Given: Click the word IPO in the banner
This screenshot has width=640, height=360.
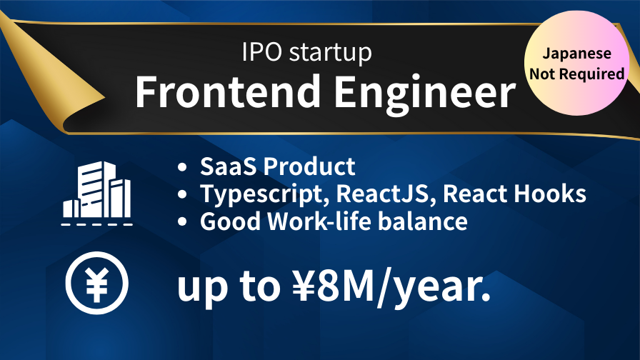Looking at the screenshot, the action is [x=261, y=52].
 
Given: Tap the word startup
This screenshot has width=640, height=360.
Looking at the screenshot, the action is [x=331, y=54].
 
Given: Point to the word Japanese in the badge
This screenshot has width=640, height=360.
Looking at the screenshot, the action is [x=576, y=54].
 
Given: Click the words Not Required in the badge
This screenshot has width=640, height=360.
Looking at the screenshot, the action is [x=576, y=74].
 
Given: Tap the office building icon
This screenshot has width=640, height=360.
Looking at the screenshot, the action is [x=96, y=193].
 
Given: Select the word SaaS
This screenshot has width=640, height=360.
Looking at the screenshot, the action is [x=229, y=166].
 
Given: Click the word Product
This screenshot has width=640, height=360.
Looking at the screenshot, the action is [x=309, y=166].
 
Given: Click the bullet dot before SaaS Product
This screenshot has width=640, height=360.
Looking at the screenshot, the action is [x=182, y=167].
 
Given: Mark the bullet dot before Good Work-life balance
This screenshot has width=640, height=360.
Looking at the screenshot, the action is [x=182, y=222].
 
